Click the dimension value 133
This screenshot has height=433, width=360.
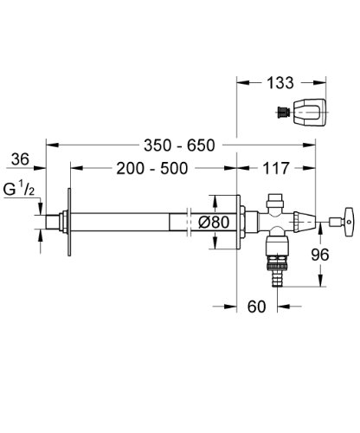279,83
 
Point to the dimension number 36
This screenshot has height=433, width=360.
22,158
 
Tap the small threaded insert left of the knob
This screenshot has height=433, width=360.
281,111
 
